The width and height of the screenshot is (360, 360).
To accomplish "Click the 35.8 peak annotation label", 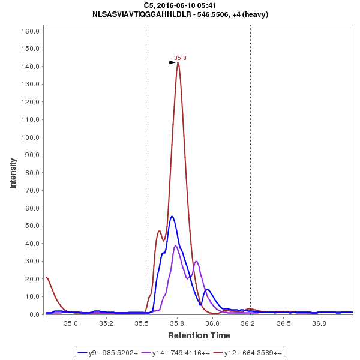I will (x=180, y=58).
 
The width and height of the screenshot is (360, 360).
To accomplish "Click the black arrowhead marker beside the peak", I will (x=172, y=62).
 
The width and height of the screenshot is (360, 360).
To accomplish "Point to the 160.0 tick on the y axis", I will (x=31, y=31).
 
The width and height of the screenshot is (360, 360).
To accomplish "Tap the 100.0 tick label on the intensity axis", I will (x=31, y=137).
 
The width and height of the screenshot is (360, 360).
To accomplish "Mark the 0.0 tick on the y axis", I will (x=34, y=314).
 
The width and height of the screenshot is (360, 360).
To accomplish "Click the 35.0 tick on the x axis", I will (x=71, y=324).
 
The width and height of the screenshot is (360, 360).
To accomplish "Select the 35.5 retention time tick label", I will (x=142, y=324).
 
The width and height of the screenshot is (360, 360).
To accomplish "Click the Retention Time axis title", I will (x=199, y=335).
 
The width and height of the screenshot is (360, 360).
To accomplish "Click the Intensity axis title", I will (x=13, y=173).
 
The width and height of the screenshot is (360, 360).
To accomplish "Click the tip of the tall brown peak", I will (x=178, y=63).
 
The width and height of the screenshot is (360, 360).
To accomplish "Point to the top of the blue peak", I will (x=172, y=216).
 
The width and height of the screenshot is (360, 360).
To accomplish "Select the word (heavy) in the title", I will (x=254, y=14).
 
